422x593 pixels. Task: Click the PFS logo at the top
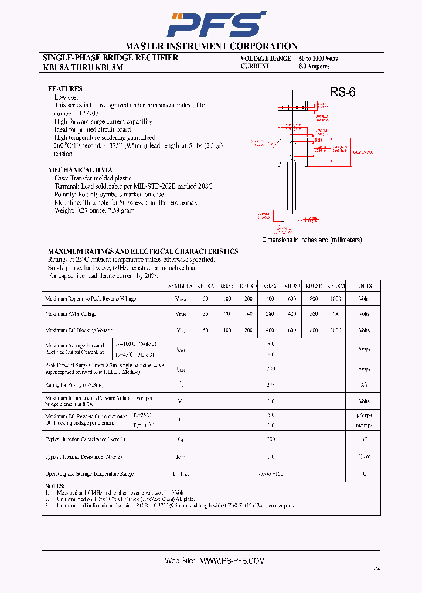[212, 25]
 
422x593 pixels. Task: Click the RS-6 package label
[342, 92]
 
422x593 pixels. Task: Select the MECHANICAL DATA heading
[80, 170]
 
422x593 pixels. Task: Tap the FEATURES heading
[65, 88]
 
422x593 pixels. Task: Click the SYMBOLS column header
[180, 286]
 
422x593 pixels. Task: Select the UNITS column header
[364, 286]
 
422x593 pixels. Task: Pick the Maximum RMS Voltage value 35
[205, 315]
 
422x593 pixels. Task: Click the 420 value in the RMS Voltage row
[291, 315]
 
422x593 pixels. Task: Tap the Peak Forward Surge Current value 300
[270, 369]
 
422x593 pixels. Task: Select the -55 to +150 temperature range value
[270, 473]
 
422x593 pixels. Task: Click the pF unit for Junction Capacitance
[364, 439]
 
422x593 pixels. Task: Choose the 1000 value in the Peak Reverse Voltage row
[335, 299]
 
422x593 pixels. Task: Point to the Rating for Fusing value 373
[270, 385]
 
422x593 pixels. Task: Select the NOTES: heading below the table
[55, 486]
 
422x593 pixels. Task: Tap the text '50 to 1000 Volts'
[318, 59]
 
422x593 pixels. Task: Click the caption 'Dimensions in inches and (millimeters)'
[312, 240]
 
